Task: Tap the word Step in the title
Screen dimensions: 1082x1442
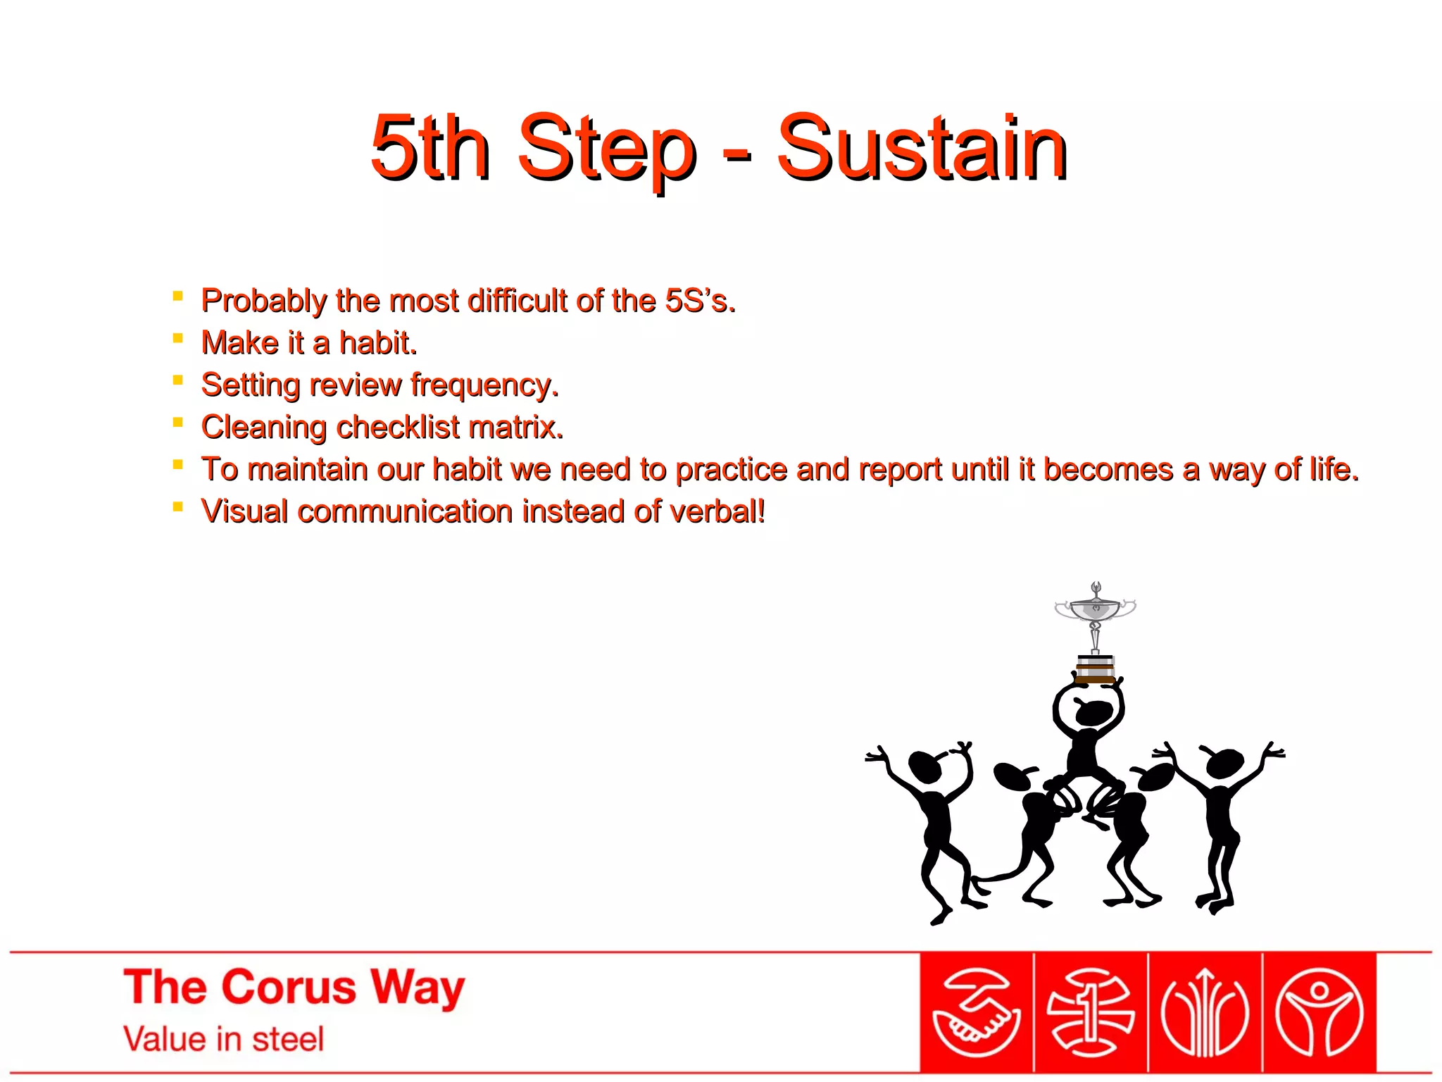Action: (x=607, y=149)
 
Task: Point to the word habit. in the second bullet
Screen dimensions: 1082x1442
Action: (x=378, y=343)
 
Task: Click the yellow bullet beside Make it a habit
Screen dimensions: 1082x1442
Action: (x=177, y=339)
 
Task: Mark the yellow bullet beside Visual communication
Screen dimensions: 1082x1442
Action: (x=177, y=506)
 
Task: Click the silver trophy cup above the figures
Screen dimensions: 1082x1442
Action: (x=1095, y=609)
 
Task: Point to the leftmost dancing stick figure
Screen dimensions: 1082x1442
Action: (x=929, y=824)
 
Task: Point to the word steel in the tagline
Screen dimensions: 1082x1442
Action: (x=288, y=1039)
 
